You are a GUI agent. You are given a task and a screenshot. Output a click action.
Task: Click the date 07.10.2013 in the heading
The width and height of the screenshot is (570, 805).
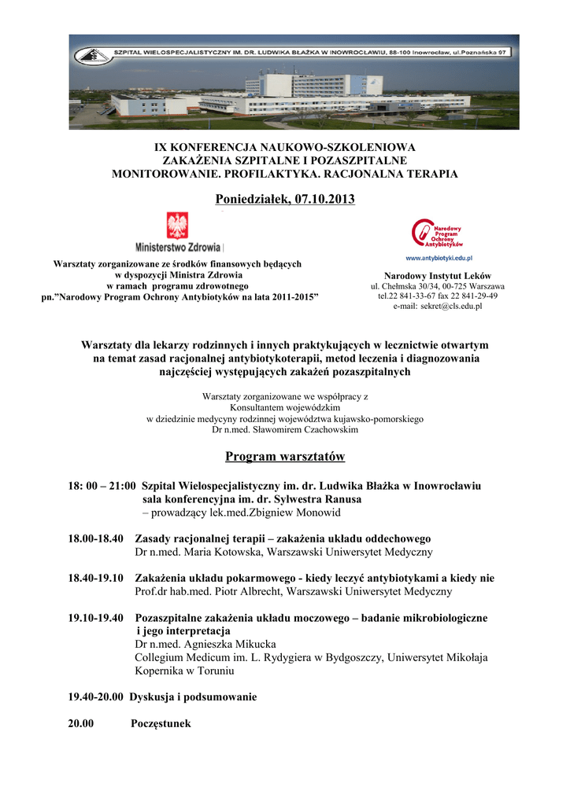[x=324, y=200]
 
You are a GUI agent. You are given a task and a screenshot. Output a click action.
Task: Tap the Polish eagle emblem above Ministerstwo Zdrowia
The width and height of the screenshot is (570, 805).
[x=178, y=226]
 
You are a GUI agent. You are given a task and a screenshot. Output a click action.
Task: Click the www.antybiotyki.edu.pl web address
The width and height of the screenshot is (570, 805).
[x=438, y=258]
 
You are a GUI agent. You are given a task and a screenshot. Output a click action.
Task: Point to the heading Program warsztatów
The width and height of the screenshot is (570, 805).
[x=285, y=457]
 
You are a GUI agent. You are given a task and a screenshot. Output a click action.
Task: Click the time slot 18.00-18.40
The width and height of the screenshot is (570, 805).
[x=96, y=539]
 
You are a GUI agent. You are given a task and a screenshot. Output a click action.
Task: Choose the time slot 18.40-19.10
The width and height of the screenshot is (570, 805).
[x=96, y=578]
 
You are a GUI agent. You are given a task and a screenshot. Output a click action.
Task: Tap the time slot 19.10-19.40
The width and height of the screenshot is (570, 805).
[x=96, y=618]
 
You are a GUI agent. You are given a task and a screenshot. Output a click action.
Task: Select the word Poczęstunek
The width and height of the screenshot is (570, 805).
[x=161, y=723]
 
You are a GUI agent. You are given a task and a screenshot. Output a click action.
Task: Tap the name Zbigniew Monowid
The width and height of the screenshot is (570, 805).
[x=296, y=513]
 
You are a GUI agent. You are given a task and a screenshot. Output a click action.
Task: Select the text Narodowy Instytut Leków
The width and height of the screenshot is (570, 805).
[x=438, y=276]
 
